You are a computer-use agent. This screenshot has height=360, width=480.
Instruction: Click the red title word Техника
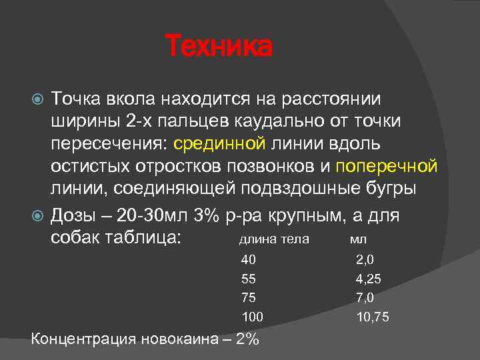point(219,47)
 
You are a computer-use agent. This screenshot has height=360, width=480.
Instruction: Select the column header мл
point(358,239)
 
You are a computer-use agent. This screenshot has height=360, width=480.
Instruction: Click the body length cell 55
point(248,279)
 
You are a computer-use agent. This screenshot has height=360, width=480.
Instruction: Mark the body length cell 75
point(248,297)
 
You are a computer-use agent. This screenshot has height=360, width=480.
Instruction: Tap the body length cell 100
point(252,317)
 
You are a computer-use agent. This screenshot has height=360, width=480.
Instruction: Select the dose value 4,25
point(369,279)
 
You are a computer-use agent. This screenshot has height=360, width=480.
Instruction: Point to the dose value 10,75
point(373,317)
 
